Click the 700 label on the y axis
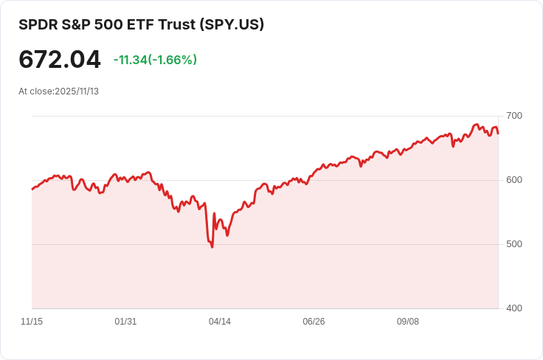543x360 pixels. coord(514,116)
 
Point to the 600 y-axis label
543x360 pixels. coord(514,180)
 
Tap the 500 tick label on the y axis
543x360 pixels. coord(514,244)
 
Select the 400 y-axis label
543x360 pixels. coord(514,308)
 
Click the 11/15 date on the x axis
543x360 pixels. coord(32,322)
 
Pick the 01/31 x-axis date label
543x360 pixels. coord(125,322)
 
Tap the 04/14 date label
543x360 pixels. coord(220,322)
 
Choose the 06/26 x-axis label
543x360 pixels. coord(314,322)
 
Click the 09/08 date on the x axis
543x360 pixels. coord(408,322)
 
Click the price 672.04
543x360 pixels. coord(60,60)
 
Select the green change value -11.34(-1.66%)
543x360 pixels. coord(155,60)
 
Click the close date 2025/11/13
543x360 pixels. coord(77,91)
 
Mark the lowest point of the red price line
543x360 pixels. coord(212,246)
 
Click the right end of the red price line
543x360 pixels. coord(498,134)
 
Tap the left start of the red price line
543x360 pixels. coord(32,190)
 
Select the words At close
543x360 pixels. coord(35,91)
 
